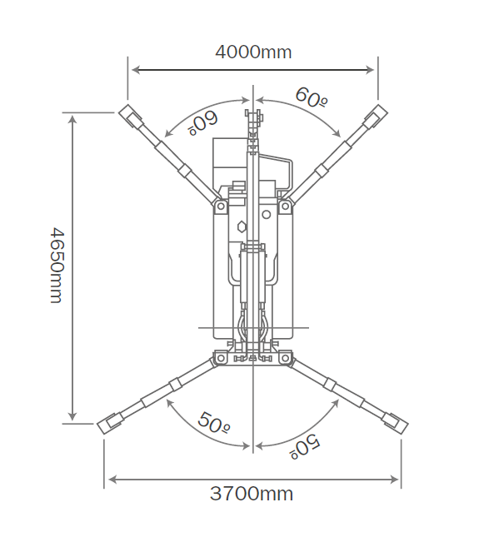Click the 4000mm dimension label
[253, 52]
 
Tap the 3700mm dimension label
[252, 494]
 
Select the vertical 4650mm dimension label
[57, 266]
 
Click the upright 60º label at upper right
[312, 97]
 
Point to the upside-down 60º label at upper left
[203, 123]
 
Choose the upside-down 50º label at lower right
[305, 447]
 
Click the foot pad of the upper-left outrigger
[131, 117]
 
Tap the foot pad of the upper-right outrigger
[376, 116]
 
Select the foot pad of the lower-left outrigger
[109, 424]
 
